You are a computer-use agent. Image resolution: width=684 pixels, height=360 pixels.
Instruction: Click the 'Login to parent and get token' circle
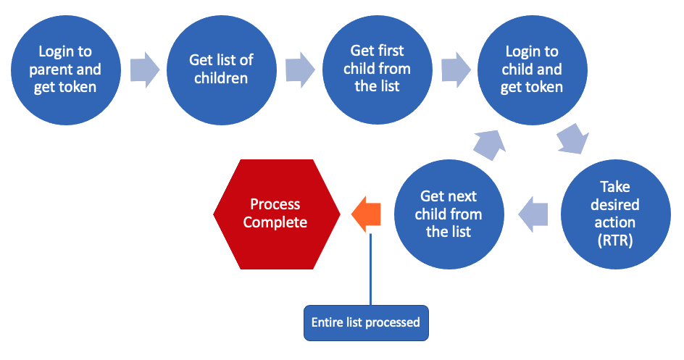pos(66,70)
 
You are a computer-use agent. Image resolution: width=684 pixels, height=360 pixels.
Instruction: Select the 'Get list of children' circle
pos(222,70)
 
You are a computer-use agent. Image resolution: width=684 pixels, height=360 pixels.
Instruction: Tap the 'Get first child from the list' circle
pos(378,70)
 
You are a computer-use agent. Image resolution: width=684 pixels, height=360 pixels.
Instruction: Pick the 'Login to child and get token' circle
pos(532,70)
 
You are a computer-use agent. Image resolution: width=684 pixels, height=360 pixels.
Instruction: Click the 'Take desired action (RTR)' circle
pos(615,214)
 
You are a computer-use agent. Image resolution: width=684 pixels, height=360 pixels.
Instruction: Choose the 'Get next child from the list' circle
pos(449,214)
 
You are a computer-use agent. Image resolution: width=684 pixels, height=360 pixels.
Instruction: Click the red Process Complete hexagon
pos(277,214)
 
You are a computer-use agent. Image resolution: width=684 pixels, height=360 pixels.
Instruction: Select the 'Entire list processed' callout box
pos(366,323)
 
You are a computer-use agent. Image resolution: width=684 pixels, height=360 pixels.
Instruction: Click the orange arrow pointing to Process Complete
pos(366,214)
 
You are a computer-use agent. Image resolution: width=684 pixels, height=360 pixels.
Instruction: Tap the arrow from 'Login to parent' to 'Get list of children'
pos(145,70)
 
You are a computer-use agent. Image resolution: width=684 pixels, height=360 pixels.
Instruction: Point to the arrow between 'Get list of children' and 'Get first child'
pos(300,70)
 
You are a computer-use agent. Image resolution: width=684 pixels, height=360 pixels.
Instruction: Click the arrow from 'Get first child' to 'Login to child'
pos(456,70)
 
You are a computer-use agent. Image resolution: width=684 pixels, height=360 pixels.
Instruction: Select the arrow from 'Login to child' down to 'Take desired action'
pos(573,139)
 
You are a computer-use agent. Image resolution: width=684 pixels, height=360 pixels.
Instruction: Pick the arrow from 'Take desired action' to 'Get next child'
pos(533,214)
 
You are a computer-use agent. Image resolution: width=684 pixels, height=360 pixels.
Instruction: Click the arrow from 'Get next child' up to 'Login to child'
pos(489,146)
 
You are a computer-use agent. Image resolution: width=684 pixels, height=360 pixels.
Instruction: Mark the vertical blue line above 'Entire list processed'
pos(370,269)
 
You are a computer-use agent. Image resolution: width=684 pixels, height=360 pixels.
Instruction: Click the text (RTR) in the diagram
pos(615,240)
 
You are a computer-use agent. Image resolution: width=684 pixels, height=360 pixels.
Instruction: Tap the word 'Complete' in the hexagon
pos(275,222)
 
